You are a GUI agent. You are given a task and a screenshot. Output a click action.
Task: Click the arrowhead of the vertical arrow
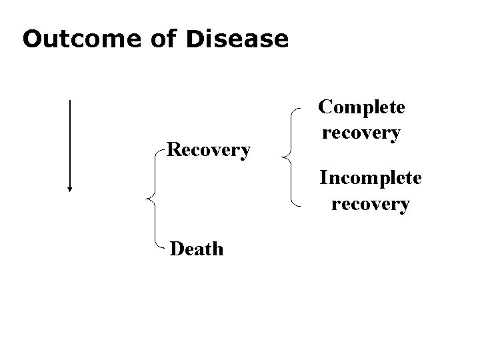69,188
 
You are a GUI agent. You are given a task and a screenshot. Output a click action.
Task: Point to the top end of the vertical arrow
69,101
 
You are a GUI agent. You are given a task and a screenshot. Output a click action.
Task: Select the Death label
197,249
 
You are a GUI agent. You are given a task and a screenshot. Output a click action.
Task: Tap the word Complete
361,107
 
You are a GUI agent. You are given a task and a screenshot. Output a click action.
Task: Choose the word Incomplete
371,179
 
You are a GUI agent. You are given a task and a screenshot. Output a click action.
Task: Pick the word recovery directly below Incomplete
371,203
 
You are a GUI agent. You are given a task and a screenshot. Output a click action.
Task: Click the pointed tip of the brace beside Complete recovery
283,158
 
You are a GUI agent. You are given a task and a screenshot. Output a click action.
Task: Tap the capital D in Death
177,249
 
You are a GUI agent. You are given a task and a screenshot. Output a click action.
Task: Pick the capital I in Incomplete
324,179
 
